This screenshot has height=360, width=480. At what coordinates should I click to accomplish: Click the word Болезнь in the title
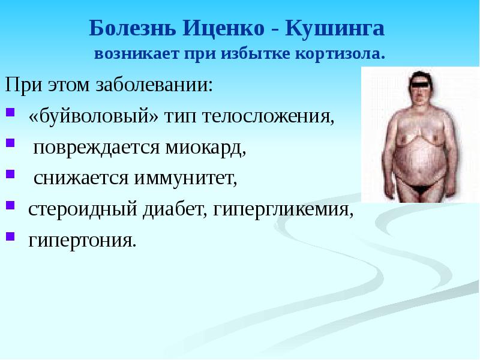coord(133,28)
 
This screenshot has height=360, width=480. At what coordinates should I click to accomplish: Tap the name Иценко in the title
coord(224,28)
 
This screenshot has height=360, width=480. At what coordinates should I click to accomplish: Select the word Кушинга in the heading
coord(335,28)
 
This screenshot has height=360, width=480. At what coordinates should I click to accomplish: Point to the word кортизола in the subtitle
coord(340,54)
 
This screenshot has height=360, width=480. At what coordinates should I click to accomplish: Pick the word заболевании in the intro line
coord(154,84)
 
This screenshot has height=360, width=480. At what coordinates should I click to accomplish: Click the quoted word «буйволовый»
coord(94,116)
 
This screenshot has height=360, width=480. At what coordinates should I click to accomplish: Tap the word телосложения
coord(268,116)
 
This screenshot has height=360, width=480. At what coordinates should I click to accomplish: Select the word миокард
coord(205,148)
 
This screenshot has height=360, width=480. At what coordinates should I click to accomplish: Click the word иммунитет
coord(186,178)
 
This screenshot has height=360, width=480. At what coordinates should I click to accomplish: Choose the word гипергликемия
coord(283,209)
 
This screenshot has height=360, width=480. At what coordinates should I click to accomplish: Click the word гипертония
coord(82,241)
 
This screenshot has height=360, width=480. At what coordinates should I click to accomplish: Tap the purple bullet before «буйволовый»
coord(10,112)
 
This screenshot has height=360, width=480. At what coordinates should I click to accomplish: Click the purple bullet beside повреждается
coord(10,143)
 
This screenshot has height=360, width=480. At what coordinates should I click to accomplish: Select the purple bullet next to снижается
coord(10,174)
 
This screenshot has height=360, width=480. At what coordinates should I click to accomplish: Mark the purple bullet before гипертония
coord(10,236)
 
